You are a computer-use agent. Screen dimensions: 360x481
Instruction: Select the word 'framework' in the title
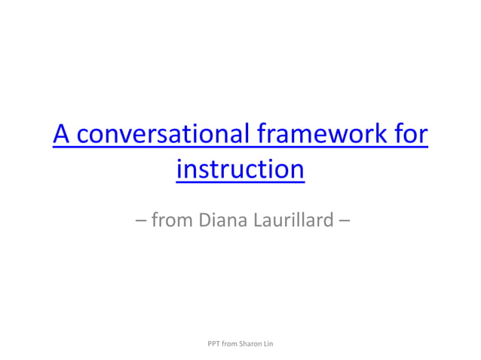323,136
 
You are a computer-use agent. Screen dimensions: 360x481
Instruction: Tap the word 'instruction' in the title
240,169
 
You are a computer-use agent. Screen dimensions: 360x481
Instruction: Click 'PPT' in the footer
213,344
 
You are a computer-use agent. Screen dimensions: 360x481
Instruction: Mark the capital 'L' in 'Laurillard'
253,221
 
